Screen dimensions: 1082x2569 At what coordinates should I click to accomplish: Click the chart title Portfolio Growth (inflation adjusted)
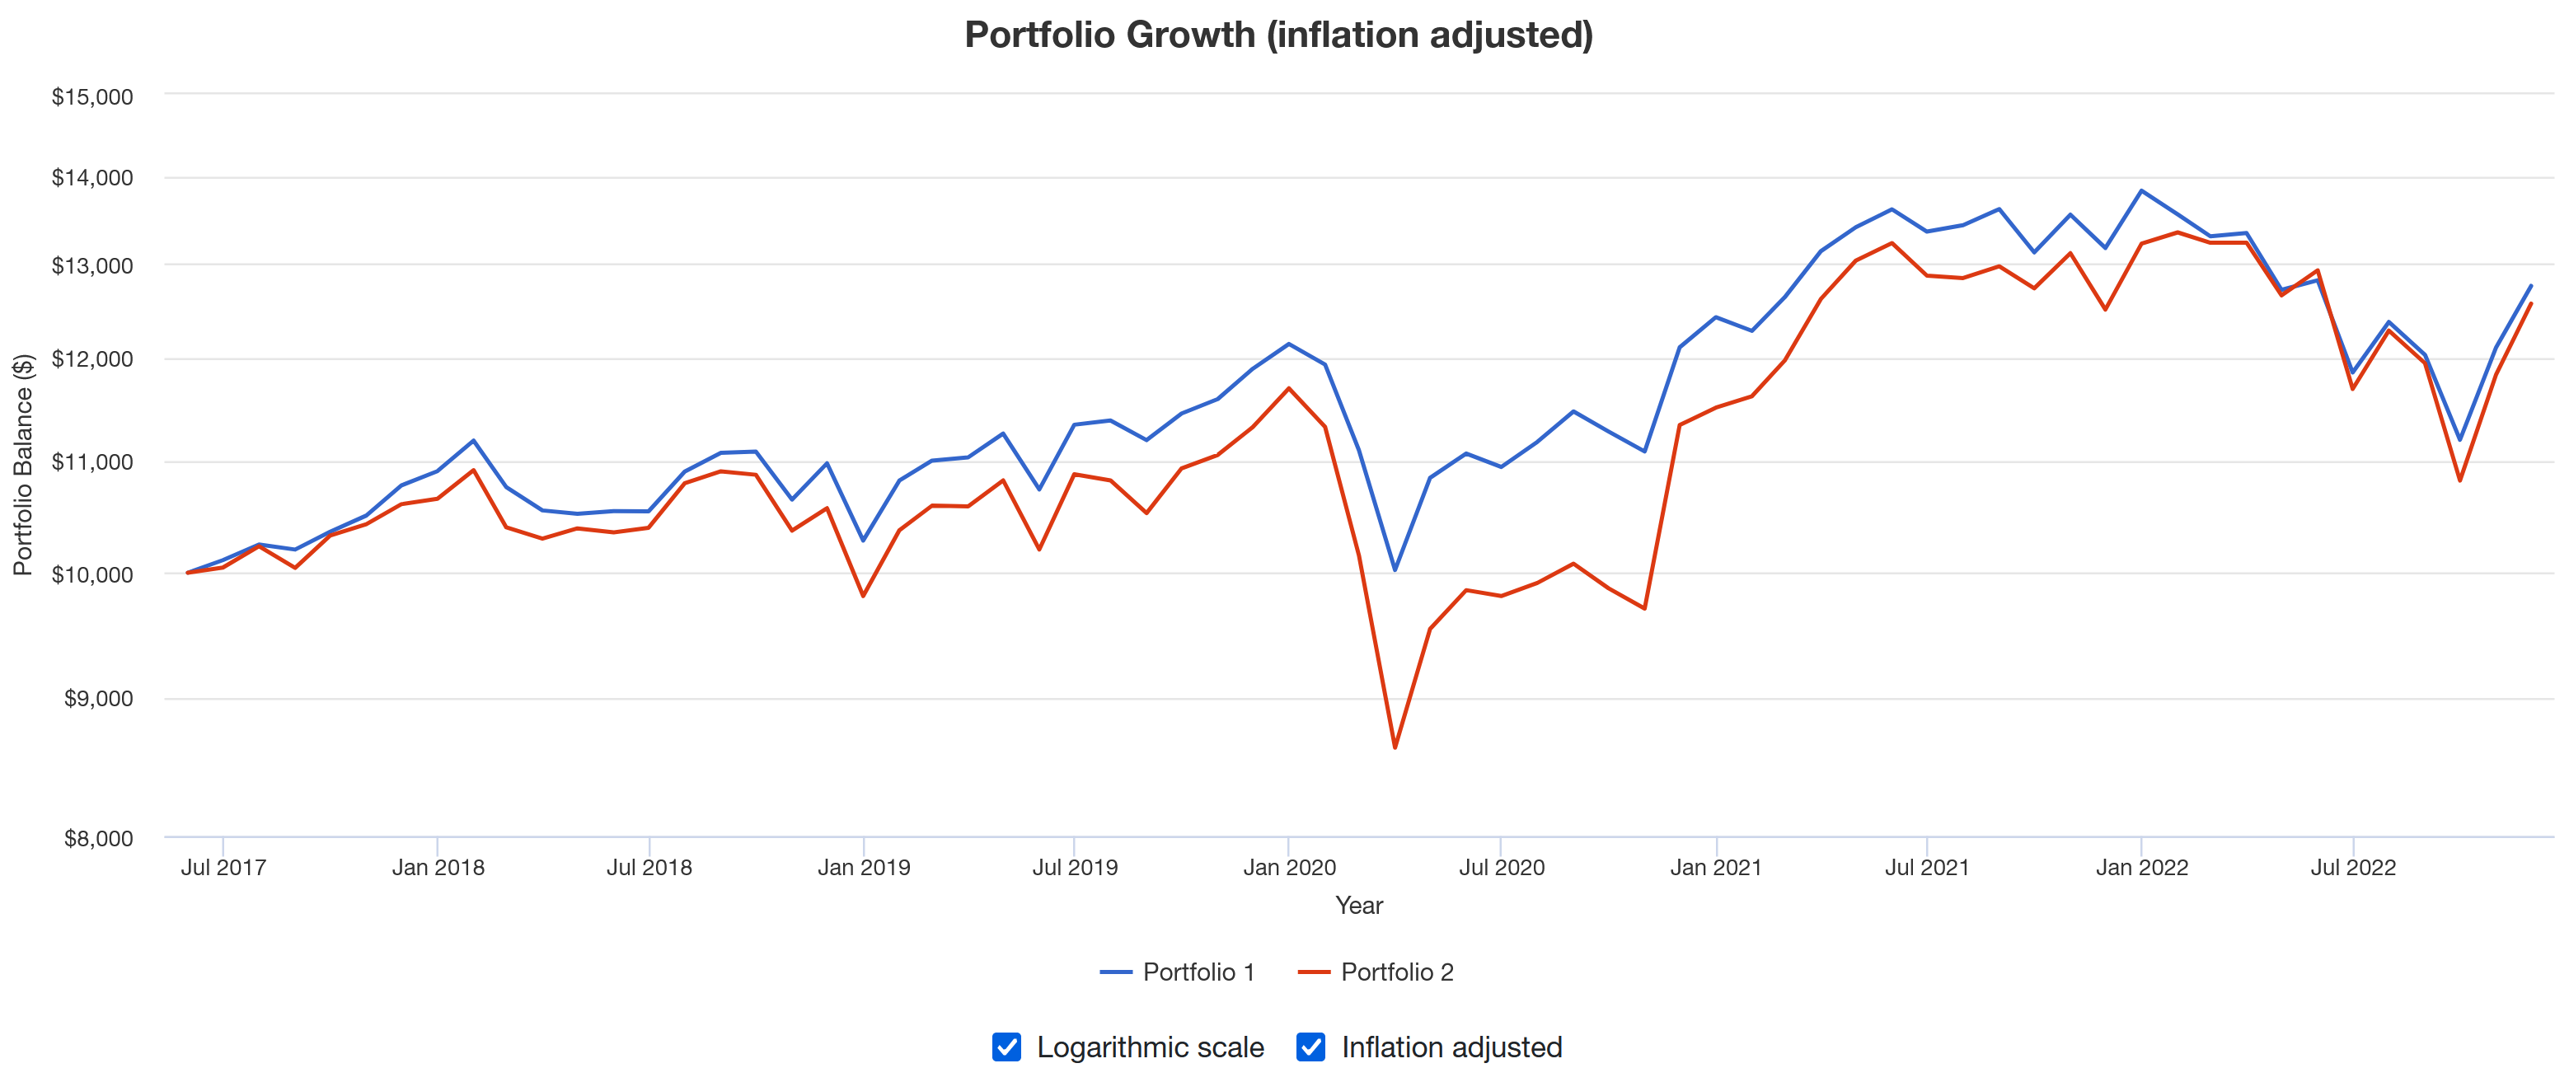[1277, 35]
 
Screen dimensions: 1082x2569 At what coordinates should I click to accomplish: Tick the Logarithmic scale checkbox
[1006, 1047]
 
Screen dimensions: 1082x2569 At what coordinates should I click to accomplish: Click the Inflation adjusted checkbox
[1310, 1047]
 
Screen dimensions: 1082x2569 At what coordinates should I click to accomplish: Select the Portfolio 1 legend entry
[1177, 972]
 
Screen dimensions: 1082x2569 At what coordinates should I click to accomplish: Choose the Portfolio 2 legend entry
[1376, 972]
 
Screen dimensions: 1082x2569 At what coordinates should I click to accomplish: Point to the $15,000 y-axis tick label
[91, 96]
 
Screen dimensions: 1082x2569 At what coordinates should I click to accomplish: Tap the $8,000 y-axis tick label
[98, 839]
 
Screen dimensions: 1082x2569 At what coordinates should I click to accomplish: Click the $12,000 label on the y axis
[91, 359]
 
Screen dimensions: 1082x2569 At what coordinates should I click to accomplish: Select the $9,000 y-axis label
[98, 699]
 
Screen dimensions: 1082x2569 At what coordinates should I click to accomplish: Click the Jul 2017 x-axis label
[223, 868]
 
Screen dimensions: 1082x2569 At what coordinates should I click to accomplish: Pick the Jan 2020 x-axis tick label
[1288, 868]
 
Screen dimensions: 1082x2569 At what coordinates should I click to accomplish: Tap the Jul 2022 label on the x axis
[2352, 868]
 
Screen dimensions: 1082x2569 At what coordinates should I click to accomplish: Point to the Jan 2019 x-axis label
[864, 868]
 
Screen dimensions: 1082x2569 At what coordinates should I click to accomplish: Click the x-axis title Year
[1358, 906]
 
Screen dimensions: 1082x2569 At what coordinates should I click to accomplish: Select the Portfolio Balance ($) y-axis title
[22, 465]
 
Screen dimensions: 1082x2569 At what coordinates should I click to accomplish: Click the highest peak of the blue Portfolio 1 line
[2141, 190]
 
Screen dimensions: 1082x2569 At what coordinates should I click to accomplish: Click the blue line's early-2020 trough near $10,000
[1395, 570]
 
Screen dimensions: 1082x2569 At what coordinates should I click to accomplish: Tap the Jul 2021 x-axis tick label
[1927, 868]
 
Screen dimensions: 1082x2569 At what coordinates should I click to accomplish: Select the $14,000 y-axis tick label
[91, 177]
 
